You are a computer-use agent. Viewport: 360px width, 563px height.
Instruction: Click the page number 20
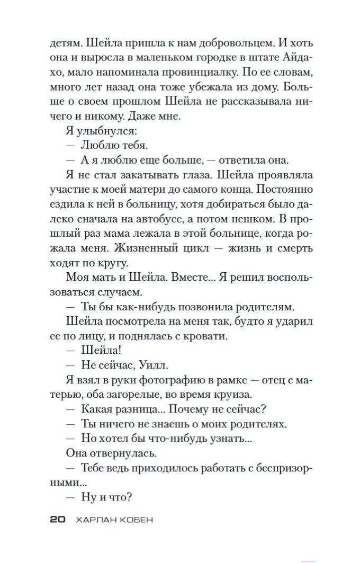[57, 520]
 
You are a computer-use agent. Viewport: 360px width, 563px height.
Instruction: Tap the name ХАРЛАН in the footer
[94, 520]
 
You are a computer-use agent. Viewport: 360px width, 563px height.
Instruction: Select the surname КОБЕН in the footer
[134, 520]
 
